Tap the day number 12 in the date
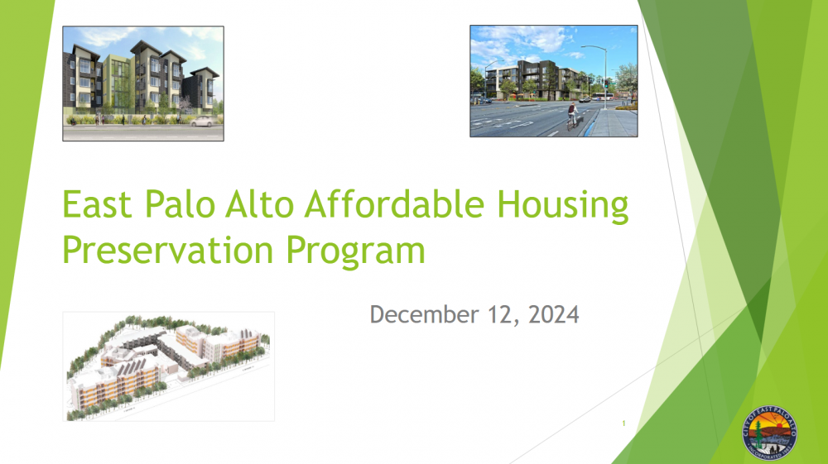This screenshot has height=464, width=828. [494, 315]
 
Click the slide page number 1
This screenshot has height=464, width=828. [623, 424]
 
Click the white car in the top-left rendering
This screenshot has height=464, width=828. [205, 121]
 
